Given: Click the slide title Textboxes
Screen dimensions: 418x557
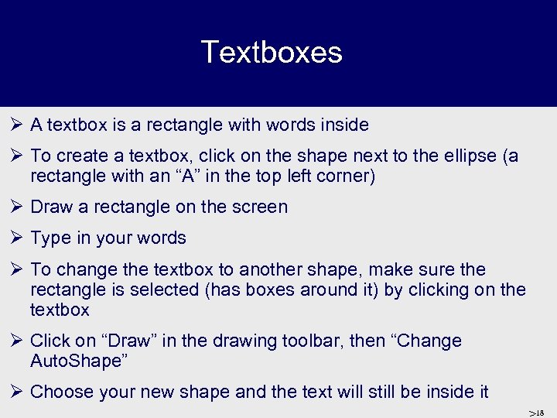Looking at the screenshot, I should point(272,53).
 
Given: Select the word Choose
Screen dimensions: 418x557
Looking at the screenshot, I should point(60,392).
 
